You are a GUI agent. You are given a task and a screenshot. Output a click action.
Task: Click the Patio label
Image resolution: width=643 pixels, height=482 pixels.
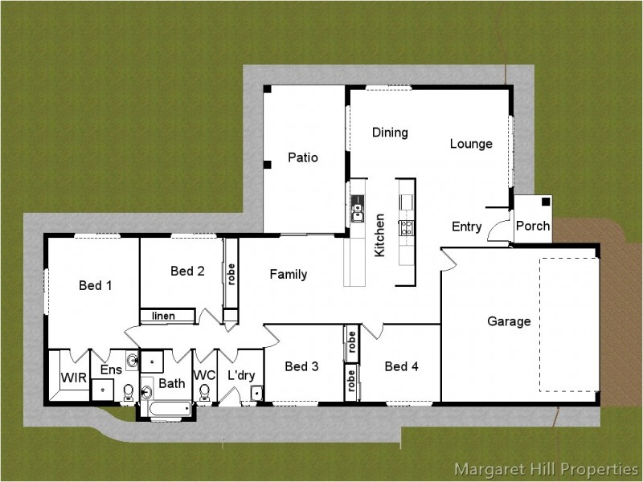(303, 157)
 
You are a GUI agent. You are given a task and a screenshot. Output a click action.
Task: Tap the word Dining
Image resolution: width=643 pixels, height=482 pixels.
(390, 133)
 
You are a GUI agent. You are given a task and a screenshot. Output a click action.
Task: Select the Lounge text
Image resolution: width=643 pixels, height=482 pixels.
(471, 144)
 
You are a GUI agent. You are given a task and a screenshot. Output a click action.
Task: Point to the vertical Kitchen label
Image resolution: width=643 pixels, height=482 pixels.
(379, 235)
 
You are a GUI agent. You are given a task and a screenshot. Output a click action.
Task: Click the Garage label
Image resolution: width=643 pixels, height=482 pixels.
(509, 321)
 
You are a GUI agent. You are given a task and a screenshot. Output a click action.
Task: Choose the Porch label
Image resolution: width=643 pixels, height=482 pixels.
(533, 226)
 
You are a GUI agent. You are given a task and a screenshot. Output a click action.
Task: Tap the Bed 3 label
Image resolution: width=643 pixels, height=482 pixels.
(301, 366)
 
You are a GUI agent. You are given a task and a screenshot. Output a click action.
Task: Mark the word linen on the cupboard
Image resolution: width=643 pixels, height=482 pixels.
(164, 316)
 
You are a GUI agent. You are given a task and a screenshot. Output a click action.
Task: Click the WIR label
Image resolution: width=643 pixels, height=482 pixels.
(74, 378)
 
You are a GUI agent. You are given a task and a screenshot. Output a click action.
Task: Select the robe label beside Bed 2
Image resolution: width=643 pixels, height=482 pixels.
(231, 274)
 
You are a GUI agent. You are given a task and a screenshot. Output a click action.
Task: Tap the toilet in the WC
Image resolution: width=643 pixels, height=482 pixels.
(204, 393)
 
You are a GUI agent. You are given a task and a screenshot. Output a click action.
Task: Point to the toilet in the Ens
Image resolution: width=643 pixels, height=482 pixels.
(129, 393)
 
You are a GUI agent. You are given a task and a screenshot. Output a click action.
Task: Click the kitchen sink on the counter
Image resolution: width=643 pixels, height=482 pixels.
(357, 209)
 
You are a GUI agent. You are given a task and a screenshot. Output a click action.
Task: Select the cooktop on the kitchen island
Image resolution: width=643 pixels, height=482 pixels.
(407, 228)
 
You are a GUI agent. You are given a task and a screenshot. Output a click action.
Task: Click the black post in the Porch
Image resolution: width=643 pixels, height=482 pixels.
(546, 202)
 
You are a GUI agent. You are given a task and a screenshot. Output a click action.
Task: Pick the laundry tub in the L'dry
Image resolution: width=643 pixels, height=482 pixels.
(256, 393)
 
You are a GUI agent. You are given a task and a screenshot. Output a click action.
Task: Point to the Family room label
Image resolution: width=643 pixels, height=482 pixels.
(289, 274)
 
